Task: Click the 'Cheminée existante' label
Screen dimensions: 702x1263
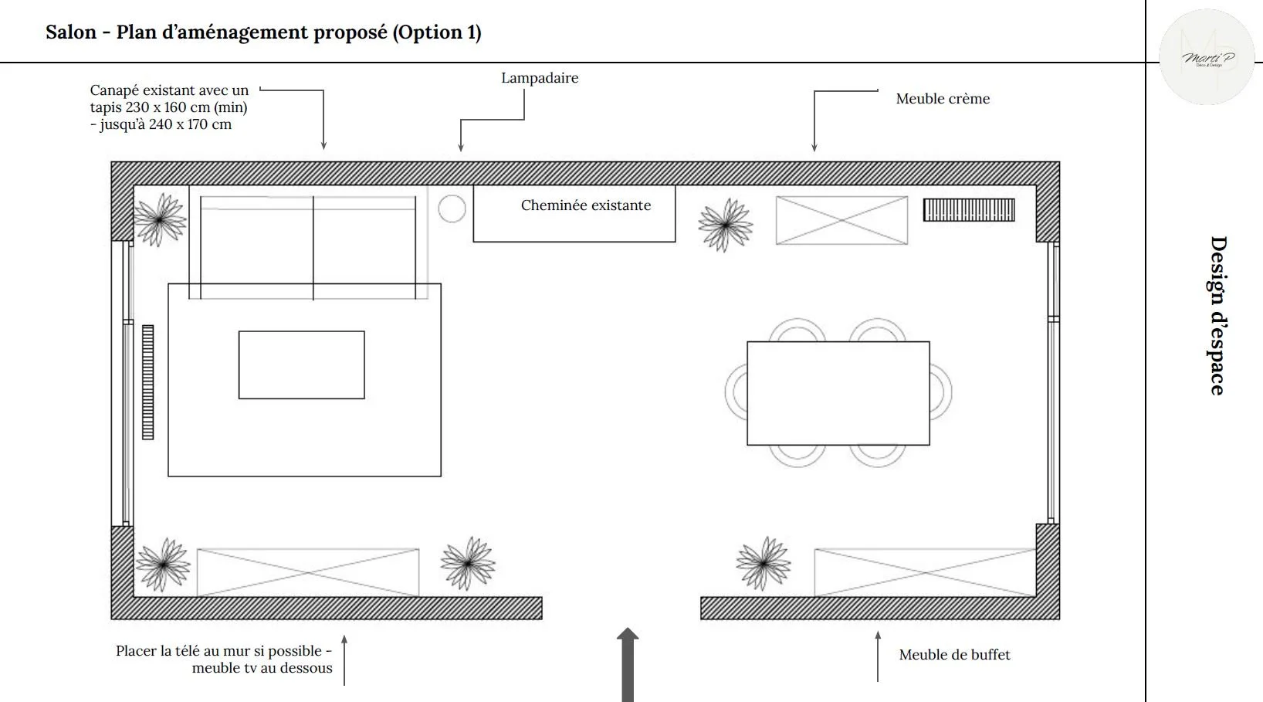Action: pos(585,205)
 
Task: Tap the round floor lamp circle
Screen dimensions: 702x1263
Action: pos(452,209)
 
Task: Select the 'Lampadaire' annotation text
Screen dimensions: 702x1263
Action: pos(539,78)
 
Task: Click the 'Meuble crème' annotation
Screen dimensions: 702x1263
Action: pos(942,99)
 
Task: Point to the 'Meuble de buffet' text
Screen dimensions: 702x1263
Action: pos(953,655)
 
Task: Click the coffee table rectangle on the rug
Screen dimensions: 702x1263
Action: pos(301,365)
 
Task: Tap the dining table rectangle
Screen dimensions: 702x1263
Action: pos(838,393)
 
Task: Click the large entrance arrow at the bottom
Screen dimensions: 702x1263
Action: pos(628,664)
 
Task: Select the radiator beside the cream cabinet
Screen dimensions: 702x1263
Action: pos(968,210)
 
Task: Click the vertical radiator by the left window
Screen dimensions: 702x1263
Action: pos(147,382)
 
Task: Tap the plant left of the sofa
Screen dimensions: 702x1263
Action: pos(160,219)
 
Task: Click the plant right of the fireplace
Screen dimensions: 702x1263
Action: pos(725,224)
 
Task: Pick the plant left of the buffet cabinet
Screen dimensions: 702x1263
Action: pos(763,564)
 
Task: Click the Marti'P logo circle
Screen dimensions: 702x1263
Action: pos(1207,58)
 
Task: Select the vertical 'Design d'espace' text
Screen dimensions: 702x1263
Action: pos(1217,316)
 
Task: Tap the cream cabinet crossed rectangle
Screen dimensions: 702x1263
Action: pos(841,221)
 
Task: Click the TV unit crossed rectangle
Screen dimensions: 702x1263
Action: pos(307,572)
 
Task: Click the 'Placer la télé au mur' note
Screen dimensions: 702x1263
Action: pos(224,660)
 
